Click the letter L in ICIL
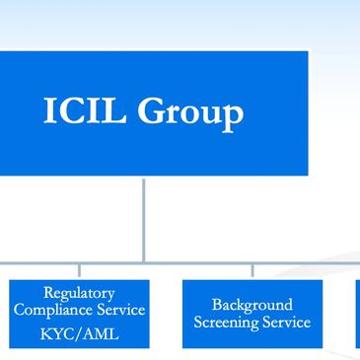pos(113,111)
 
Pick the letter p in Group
pos(233,116)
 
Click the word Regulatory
pos(79,293)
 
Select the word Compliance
pos(56,311)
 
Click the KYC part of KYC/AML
pos(58,333)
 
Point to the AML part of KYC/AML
pos(100,333)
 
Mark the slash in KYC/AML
pos(79,333)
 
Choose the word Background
pos(252,305)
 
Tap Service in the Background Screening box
pos(285,323)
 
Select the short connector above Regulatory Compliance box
pos(79,271)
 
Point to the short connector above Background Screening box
pos(252,271)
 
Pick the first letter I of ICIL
pos(50,111)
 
